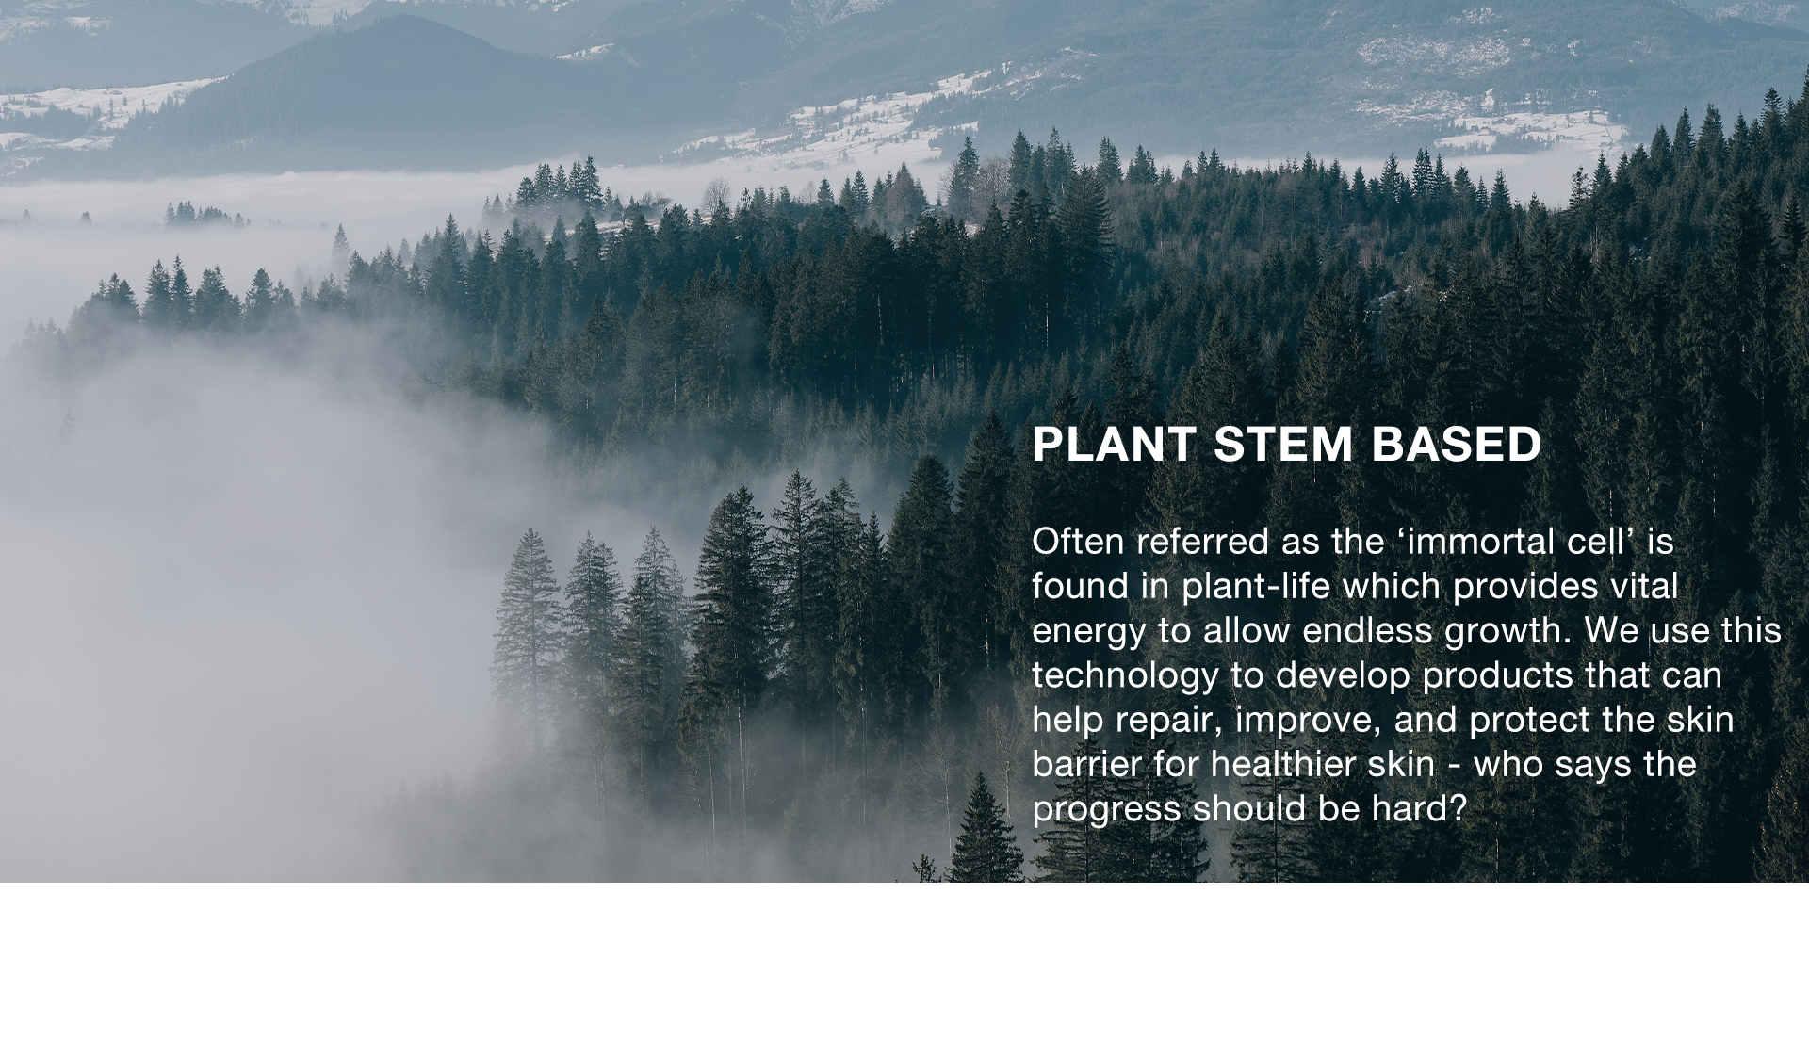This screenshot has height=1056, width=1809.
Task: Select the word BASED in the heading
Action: tap(1457, 445)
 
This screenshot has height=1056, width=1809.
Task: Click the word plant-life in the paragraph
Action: tap(1256, 587)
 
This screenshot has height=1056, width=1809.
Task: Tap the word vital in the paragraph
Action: tap(1644, 587)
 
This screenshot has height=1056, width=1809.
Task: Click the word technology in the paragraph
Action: tap(1126, 676)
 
